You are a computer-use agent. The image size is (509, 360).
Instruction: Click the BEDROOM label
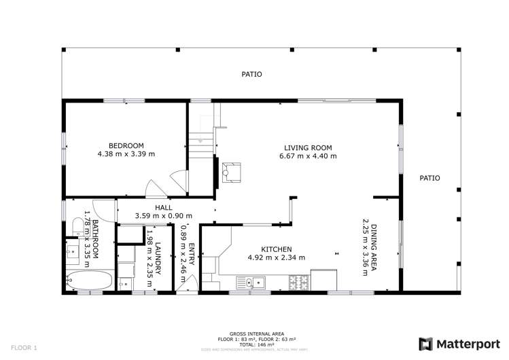[126, 145]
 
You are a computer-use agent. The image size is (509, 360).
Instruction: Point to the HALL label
[163, 208]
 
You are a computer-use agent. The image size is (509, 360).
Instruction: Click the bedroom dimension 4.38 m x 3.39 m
[126, 154]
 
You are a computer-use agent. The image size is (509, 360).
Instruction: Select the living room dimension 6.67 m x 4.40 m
[308, 156]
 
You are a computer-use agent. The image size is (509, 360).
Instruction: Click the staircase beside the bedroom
[201, 139]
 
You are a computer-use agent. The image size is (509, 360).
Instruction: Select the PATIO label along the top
[251, 75]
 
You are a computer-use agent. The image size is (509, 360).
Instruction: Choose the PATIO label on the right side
[429, 178]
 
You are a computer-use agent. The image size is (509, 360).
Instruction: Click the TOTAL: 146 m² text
[254, 345]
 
